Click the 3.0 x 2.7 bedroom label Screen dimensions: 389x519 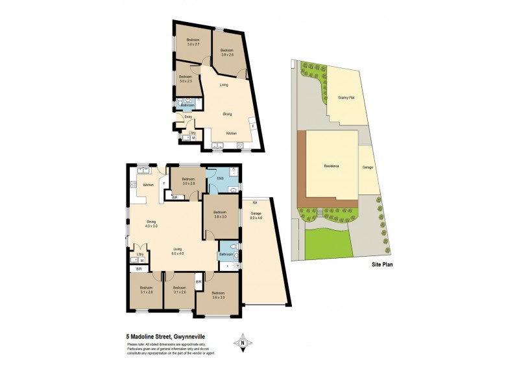[x=193, y=42]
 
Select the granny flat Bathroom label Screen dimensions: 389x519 [x=187, y=105]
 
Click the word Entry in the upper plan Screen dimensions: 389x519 [x=188, y=117]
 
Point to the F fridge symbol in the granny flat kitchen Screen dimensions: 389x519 [x=253, y=126]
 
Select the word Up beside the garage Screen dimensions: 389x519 [x=255, y=202]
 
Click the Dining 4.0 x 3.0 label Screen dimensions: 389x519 [x=151, y=224]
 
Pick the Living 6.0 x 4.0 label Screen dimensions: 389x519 [x=178, y=250]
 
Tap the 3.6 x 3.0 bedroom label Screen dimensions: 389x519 [x=217, y=295]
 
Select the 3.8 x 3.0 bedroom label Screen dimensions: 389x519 [x=219, y=215]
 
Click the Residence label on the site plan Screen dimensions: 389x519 [x=332, y=167]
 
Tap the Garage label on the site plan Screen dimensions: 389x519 [x=367, y=167]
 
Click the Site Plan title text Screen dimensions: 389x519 [x=382, y=265]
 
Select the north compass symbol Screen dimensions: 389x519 [x=243, y=342]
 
